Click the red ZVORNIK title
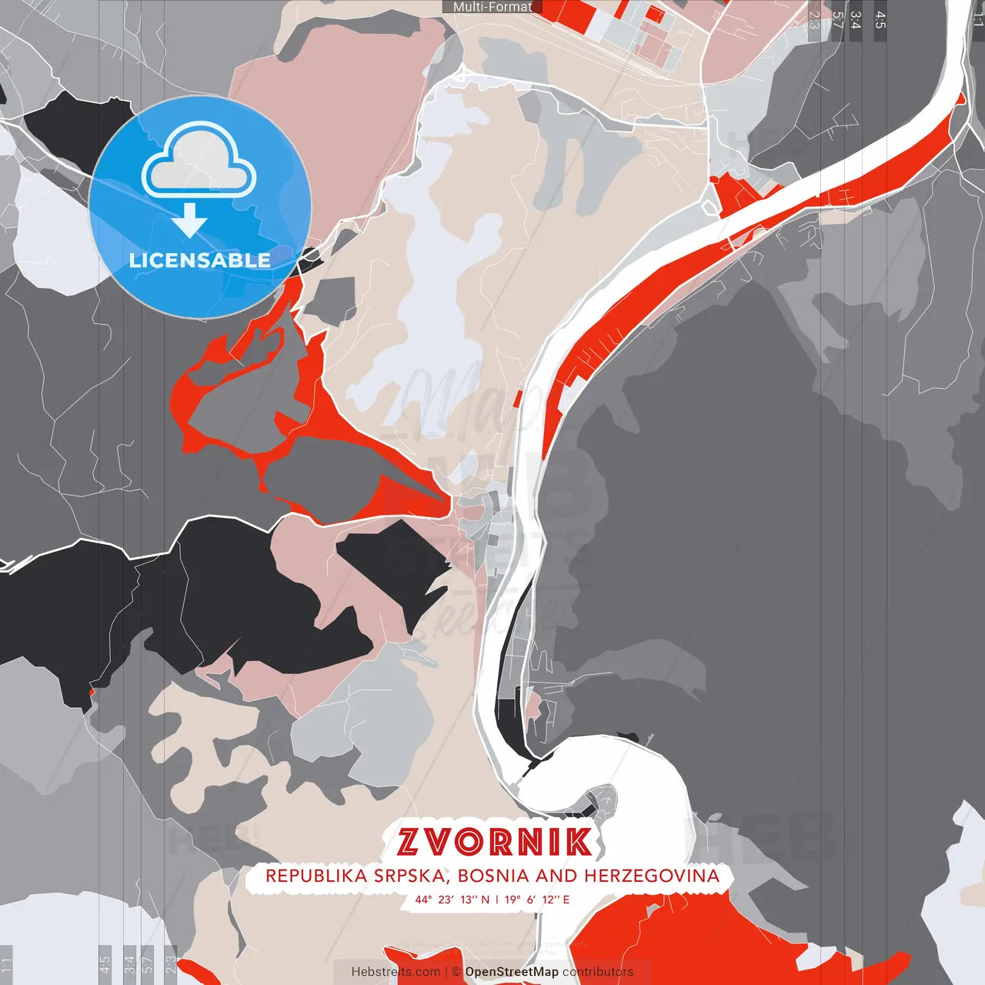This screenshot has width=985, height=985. [495, 842]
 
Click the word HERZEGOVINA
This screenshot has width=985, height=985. [652, 876]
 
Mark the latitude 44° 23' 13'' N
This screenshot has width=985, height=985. [452, 899]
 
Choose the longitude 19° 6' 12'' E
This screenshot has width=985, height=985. [537, 899]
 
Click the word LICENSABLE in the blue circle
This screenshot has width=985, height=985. [200, 260]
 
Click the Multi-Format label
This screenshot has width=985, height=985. [492, 7]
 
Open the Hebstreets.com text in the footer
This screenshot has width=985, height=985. [396, 972]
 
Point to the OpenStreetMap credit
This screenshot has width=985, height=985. [512, 972]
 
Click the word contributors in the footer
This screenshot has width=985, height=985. [597, 972]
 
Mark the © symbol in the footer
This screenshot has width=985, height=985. [456, 972]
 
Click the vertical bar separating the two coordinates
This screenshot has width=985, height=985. [496, 899]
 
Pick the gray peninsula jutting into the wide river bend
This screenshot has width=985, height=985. [596, 804]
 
